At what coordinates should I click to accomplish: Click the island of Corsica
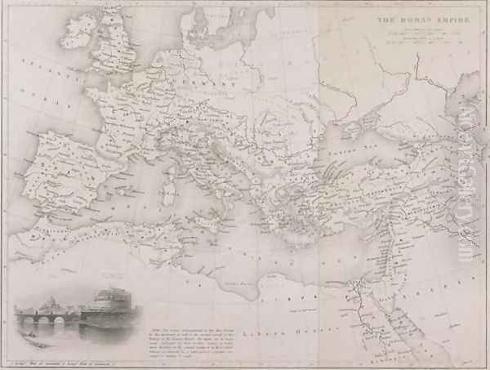tap(171, 172)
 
